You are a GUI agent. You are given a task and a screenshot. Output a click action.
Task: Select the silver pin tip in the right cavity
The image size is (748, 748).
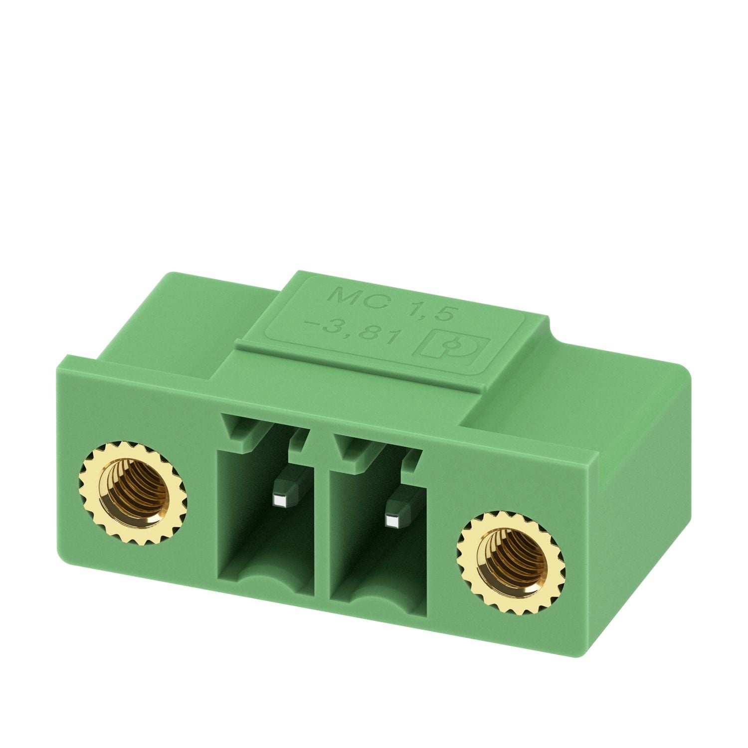click(392, 521)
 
